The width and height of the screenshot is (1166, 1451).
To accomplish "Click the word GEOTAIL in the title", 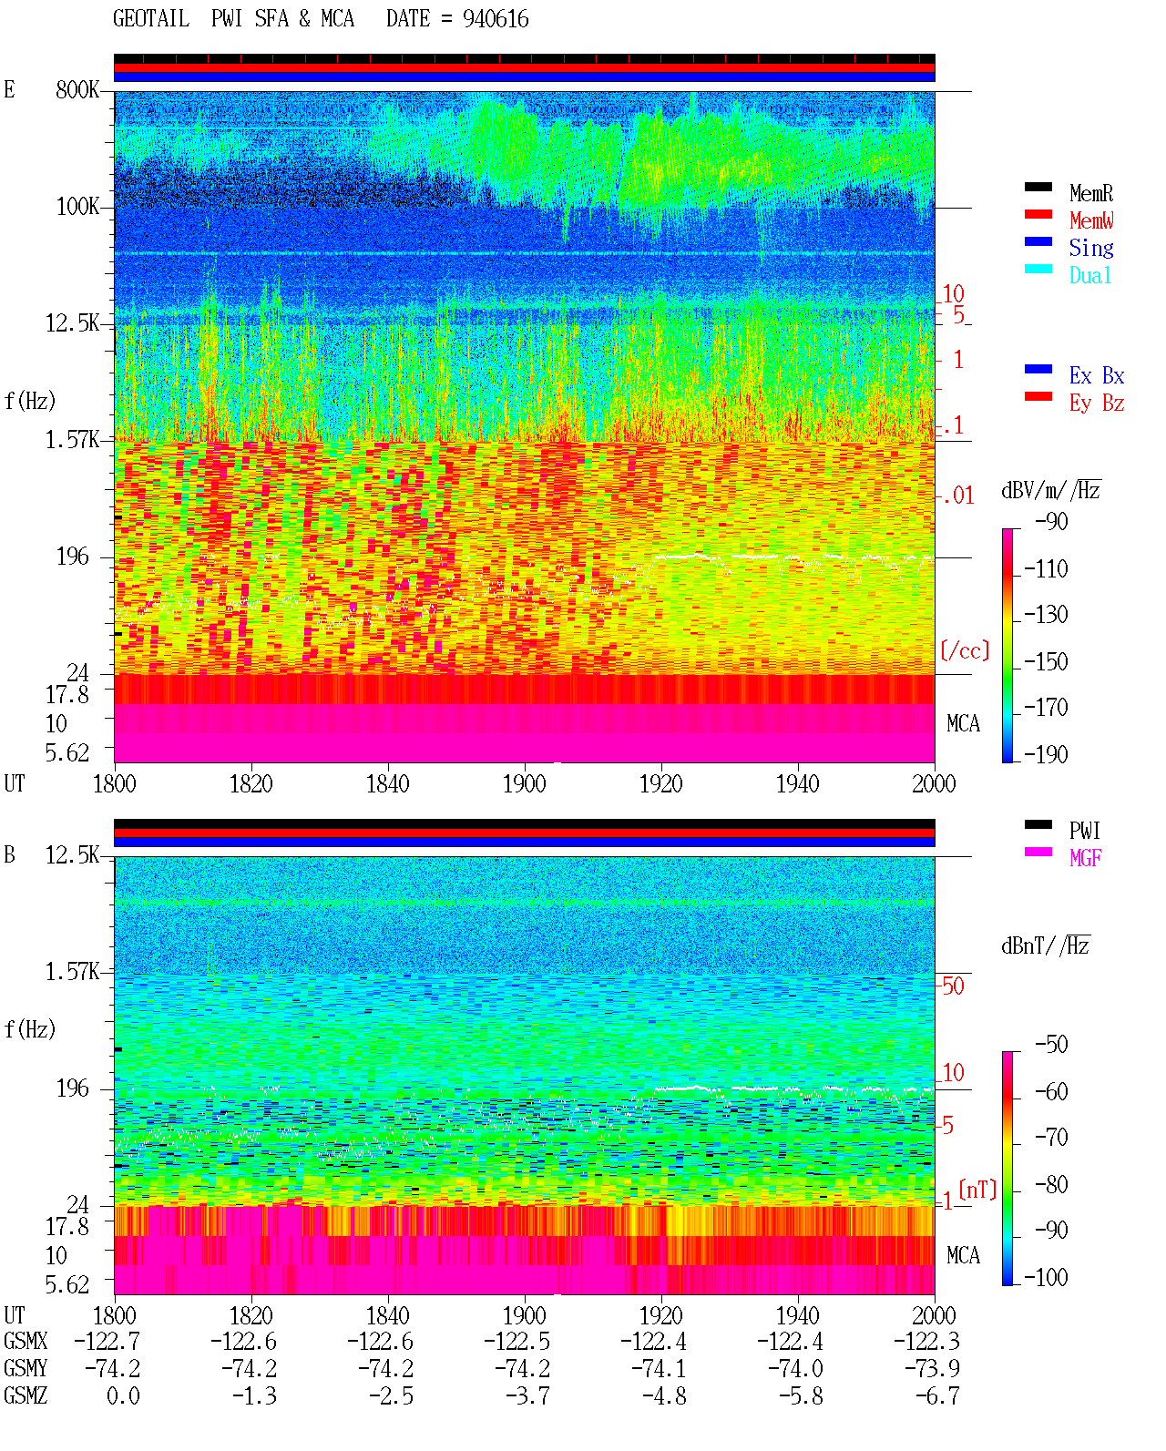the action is click(x=151, y=19).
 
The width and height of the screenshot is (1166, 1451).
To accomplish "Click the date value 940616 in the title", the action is click(x=496, y=19).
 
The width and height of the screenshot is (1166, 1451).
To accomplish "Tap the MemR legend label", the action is click(x=1091, y=193).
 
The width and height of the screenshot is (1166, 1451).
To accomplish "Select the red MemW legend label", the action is click(x=1091, y=220).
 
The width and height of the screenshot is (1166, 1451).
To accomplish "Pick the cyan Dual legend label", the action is click(x=1090, y=275).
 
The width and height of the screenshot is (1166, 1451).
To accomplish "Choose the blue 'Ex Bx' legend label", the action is click(x=1097, y=375).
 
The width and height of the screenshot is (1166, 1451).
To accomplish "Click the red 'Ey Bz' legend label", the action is click(x=1097, y=404).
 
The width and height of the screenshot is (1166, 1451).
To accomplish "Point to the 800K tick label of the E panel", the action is click(x=77, y=89).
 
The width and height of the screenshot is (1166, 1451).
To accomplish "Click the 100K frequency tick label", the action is click(x=77, y=207).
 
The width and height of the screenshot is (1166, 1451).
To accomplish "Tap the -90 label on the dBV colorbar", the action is click(x=1051, y=521).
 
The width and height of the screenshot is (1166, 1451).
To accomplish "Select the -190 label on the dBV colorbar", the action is click(x=1046, y=754).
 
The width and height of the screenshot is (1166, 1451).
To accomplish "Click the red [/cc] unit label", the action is click(x=965, y=650).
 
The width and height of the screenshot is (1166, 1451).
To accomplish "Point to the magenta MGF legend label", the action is click(x=1085, y=858).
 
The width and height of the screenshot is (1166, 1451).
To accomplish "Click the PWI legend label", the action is click(x=1085, y=831).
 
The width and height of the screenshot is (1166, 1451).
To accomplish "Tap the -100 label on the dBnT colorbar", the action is click(x=1046, y=1277).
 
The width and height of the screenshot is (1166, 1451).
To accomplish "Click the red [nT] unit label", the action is click(x=977, y=1190).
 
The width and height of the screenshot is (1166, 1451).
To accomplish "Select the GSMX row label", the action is click(x=26, y=1341).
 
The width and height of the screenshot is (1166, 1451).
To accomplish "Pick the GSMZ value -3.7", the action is click(x=528, y=1396).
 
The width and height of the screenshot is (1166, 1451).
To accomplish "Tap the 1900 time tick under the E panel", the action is click(x=525, y=784).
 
